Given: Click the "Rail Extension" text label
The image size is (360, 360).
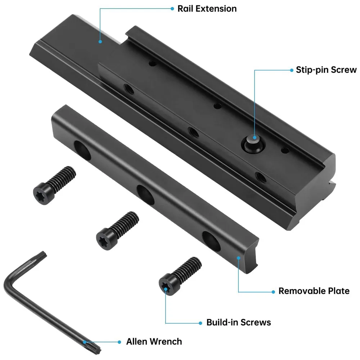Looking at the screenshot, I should [x=207, y=9].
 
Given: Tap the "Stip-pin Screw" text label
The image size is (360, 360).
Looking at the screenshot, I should [x=326, y=70].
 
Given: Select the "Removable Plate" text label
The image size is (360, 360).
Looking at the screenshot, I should [x=314, y=291].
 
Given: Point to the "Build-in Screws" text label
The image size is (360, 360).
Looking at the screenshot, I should [x=238, y=322].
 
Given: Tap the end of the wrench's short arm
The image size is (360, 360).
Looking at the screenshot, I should [x=42, y=256].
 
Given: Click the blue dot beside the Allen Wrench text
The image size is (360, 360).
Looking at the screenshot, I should [x=119, y=341].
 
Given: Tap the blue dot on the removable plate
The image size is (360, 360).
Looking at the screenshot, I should [x=239, y=257].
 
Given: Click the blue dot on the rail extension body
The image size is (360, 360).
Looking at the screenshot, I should [x=100, y=42].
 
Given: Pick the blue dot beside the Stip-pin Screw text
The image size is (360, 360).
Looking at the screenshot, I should [x=291, y=70].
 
